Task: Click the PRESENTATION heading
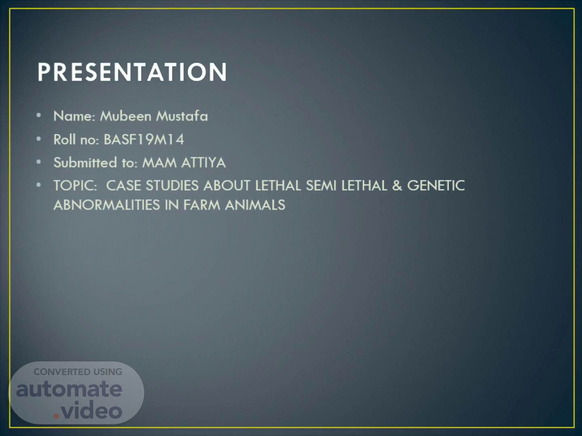[132, 72]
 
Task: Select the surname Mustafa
[182, 116]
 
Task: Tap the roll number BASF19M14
[144, 139]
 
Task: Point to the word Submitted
[85, 162]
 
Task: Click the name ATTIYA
[204, 163]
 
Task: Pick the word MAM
[159, 163]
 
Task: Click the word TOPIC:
[75, 185]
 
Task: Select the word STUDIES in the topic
[172, 185]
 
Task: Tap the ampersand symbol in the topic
[397, 185]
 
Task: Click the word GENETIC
[436, 185]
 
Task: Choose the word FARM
[202, 205]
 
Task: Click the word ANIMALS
[255, 205]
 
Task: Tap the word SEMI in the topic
[321, 185]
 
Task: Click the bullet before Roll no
[39, 138]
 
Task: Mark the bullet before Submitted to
[39, 161]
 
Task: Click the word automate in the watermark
[69, 389]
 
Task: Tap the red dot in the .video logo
[56, 416]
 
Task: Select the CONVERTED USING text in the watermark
[78, 372]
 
